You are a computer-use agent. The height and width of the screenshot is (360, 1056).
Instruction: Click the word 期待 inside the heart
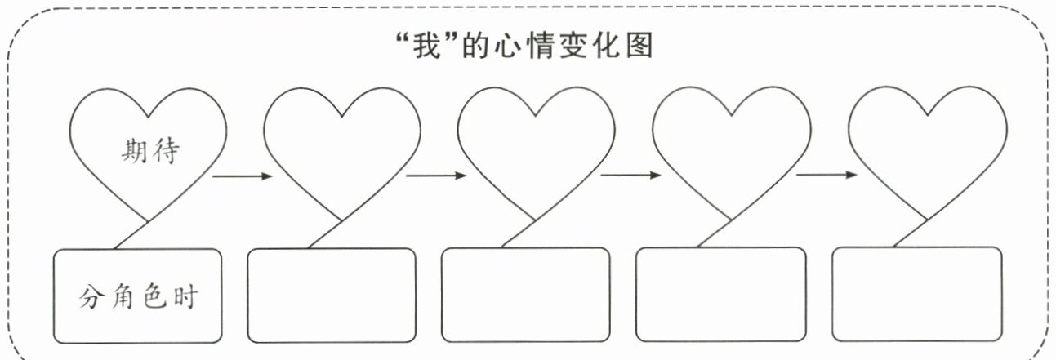coord(151,151)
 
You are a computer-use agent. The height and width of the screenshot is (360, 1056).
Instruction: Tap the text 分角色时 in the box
coord(138,297)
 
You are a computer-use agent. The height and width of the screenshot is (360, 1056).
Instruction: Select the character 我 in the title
coord(427,47)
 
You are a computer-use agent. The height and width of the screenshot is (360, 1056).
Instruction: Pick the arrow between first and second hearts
coord(243,176)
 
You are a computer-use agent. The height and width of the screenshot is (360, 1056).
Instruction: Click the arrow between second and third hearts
coord(436,176)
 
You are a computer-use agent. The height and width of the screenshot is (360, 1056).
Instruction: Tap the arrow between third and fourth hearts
coord(630,176)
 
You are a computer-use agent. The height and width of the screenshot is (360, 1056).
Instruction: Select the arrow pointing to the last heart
coord(827,175)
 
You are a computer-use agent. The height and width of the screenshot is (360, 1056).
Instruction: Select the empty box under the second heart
coord(332,296)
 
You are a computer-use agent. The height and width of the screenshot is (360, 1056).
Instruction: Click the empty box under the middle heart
coord(526,295)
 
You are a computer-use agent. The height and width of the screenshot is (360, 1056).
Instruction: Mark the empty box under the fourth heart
coord(721,295)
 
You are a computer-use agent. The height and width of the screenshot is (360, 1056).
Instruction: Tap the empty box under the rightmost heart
coord(917,294)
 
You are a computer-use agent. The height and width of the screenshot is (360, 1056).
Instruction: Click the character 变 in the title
coord(574,46)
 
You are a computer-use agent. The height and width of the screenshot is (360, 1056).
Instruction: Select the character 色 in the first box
coord(154,296)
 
